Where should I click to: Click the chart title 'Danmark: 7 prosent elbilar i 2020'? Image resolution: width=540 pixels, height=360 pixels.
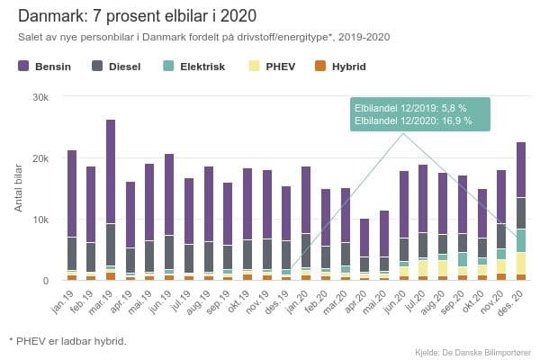click(x=136, y=15)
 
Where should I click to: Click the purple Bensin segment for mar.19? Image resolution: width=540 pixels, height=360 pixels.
click(x=111, y=171)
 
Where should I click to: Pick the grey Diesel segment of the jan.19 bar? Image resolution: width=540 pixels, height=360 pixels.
click(x=71, y=253)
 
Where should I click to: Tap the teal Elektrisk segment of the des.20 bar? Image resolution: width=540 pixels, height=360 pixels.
click(x=521, y=240)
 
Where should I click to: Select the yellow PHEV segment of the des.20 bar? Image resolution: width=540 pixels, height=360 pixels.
click(x=521, y=263)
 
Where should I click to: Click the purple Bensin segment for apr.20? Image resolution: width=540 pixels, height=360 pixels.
click(x=364, y=238)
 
